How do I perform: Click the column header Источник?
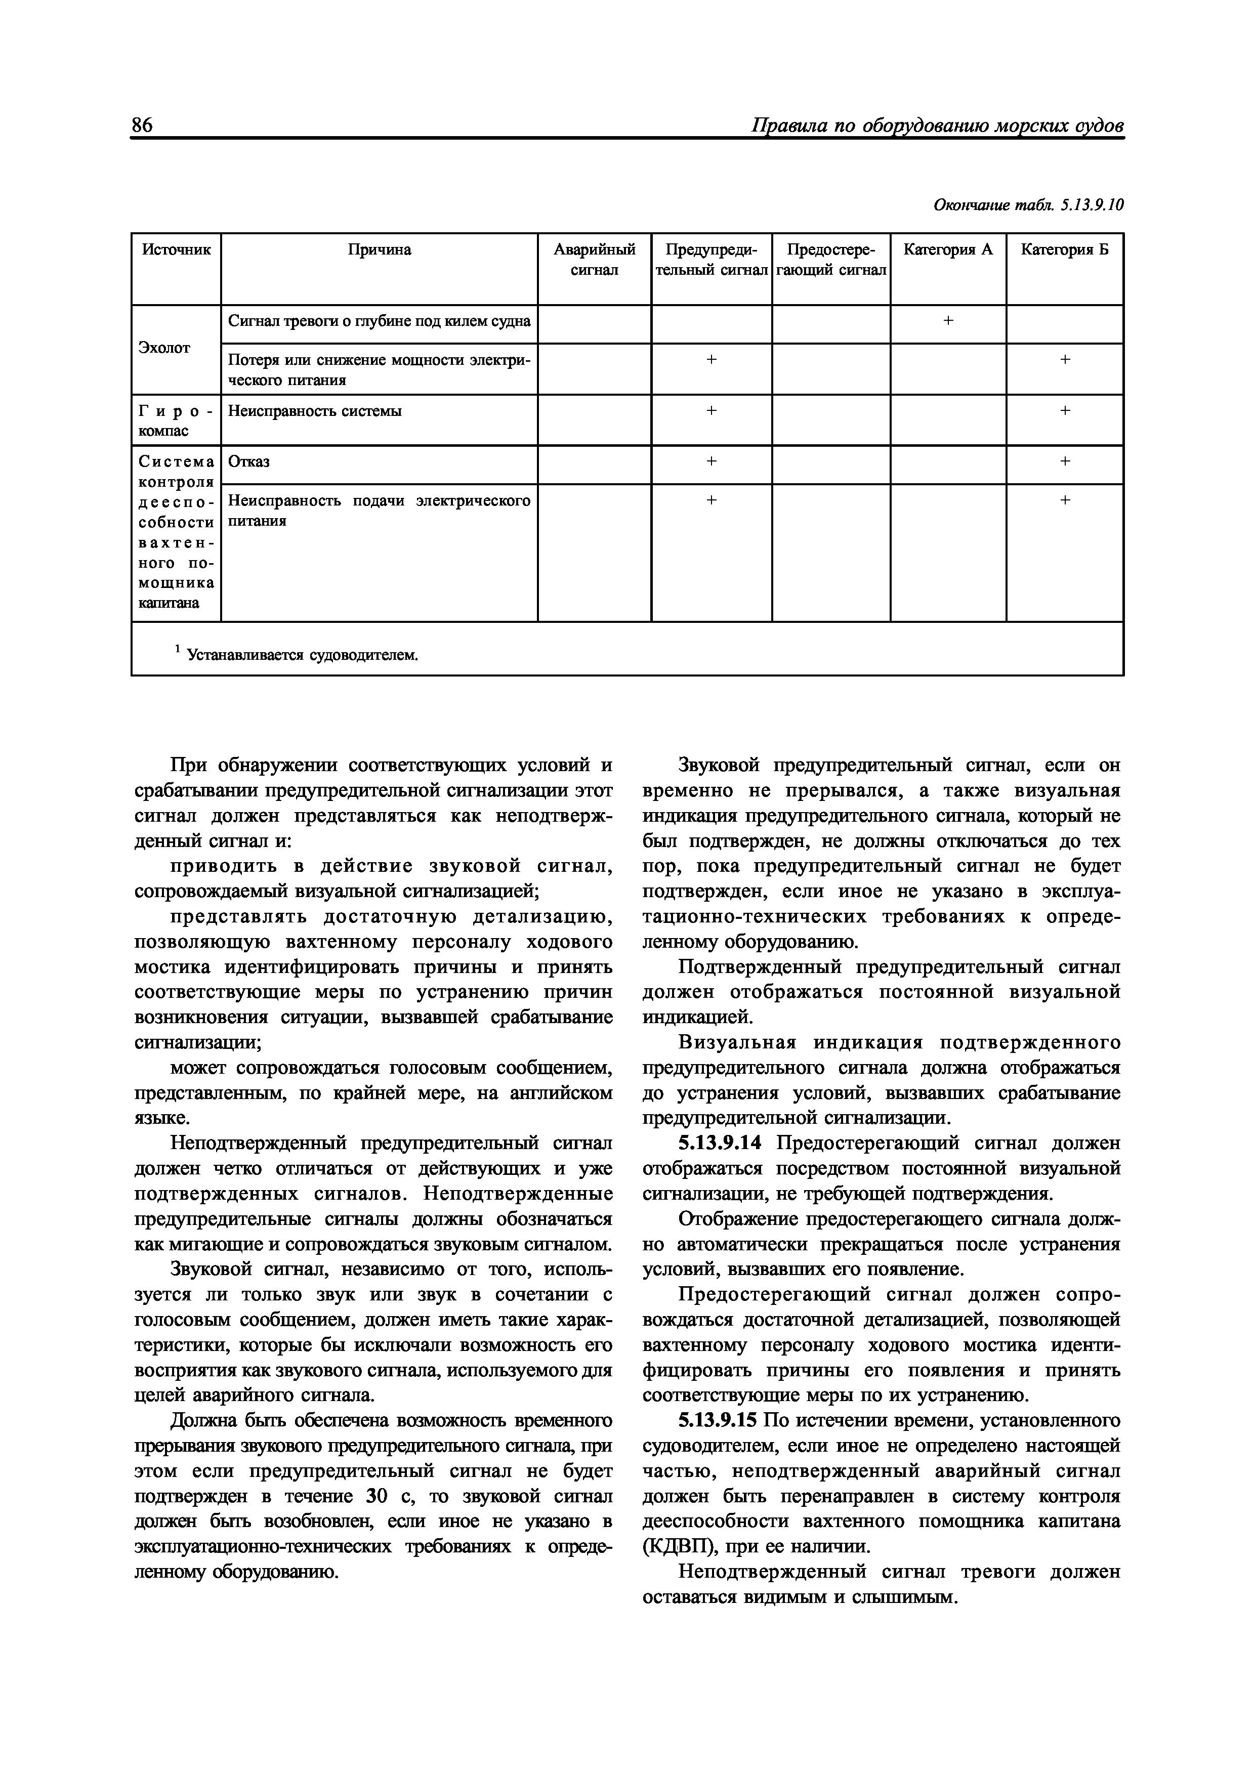(176, 250)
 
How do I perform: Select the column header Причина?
(379, 250)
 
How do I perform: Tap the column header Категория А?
(947, 250)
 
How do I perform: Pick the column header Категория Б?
(1064, 250)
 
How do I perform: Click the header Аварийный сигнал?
(594, 260)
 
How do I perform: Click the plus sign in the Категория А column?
(948, 321)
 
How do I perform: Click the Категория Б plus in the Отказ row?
(1065, 461)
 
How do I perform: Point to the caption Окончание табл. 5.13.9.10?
(1028, 205)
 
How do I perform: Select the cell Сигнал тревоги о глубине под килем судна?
(379, 321)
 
